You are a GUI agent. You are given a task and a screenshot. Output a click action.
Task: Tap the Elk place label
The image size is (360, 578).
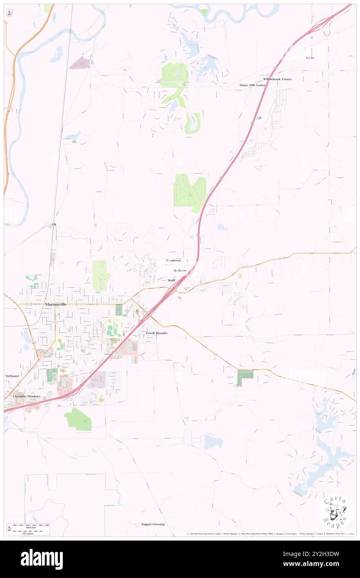tap(54, 225)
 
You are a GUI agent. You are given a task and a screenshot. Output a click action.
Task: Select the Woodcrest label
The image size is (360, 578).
tap(173, 260)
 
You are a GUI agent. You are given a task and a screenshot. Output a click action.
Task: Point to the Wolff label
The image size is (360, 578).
tap(172, 281)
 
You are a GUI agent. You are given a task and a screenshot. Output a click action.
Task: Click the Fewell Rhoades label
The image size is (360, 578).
tap(156, 333)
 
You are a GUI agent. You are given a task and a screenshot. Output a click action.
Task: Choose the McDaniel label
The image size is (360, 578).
tap(12, 376)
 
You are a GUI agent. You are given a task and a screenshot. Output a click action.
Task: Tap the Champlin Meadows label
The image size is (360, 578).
tap(27, 397)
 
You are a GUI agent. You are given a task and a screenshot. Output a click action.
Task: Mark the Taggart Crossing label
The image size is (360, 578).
tap(153, 524)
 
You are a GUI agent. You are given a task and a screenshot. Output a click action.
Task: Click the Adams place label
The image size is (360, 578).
tap(310, 58)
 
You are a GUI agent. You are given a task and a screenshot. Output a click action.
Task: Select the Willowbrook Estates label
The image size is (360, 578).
tap(277, 79)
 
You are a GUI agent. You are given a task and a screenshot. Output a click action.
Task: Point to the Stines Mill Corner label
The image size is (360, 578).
tap(252, 85)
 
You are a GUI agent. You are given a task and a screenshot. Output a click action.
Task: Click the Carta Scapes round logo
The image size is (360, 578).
tap(335, 512)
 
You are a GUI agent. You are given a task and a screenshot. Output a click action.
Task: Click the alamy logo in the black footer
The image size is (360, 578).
tap(42, 559)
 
